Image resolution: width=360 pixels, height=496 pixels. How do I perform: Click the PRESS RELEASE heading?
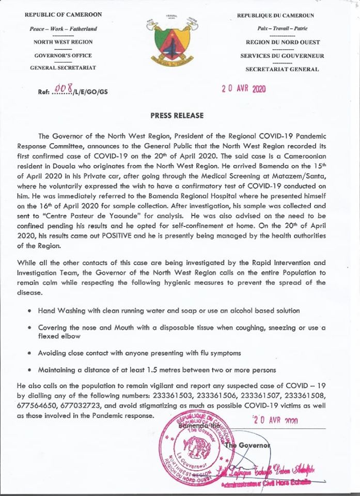(x=180, y=115)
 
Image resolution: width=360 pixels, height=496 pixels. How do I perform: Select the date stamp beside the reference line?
(x=243, y=88)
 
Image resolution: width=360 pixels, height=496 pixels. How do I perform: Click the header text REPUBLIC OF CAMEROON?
(x=64, y=16)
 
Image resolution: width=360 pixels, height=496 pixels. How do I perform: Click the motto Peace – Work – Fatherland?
(x=64, y=28)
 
